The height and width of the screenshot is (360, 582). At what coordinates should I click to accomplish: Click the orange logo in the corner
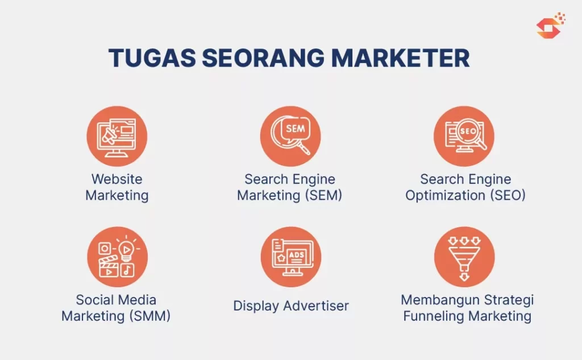tap(550, 26)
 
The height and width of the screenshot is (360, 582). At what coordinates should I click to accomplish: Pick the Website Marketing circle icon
tap(117, 136)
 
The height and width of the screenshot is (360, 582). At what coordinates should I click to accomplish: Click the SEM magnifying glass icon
tap(290, 136)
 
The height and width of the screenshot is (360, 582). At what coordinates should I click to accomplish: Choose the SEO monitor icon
tap(464, 136)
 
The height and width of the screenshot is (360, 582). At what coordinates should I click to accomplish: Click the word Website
tap(117, 179)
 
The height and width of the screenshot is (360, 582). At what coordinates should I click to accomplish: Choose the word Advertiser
tap(316, 306)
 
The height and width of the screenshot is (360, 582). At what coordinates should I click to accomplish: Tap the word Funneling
tap(433, 316)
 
